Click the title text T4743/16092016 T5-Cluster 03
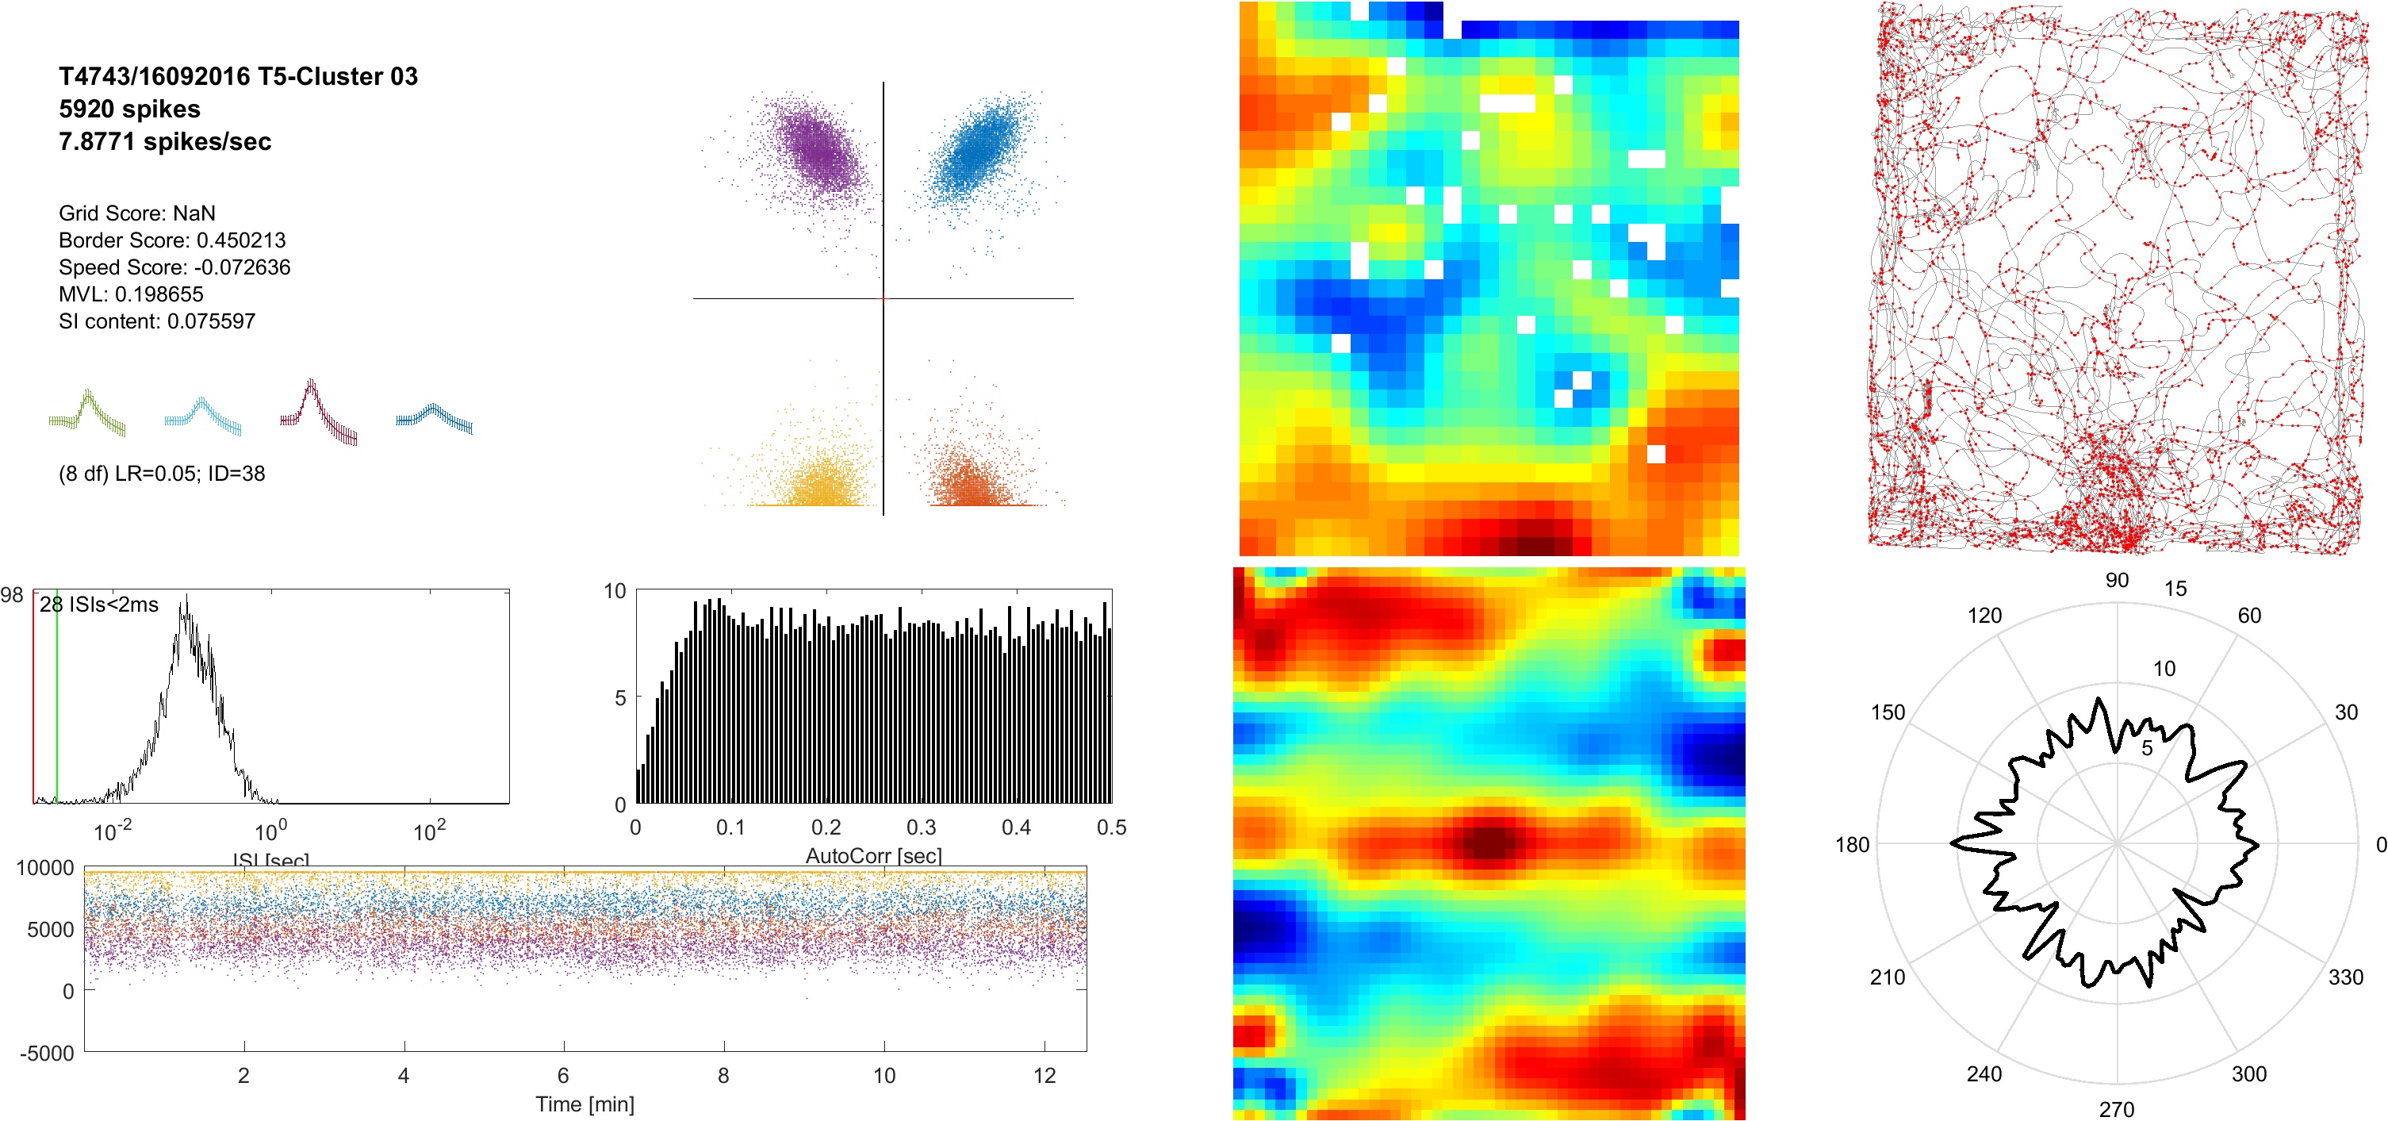pos(238,76)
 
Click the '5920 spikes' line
pos(130,109)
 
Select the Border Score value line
pos(172,240)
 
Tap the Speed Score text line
pos(174,267)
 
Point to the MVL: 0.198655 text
pos(131,294)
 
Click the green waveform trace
pos(88,413)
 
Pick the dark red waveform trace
pos(318,413)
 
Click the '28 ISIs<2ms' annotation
pos(99,605)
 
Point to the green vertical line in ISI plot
pos(56,696)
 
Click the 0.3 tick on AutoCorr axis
pos(921,827)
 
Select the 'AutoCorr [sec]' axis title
pos(873,855)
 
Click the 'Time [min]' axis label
pos(585,1104)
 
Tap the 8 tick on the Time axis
pos(723,1076)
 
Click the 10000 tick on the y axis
pos(44,868)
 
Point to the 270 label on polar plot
pos(2117,1109)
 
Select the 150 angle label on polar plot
pos(1888,712)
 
